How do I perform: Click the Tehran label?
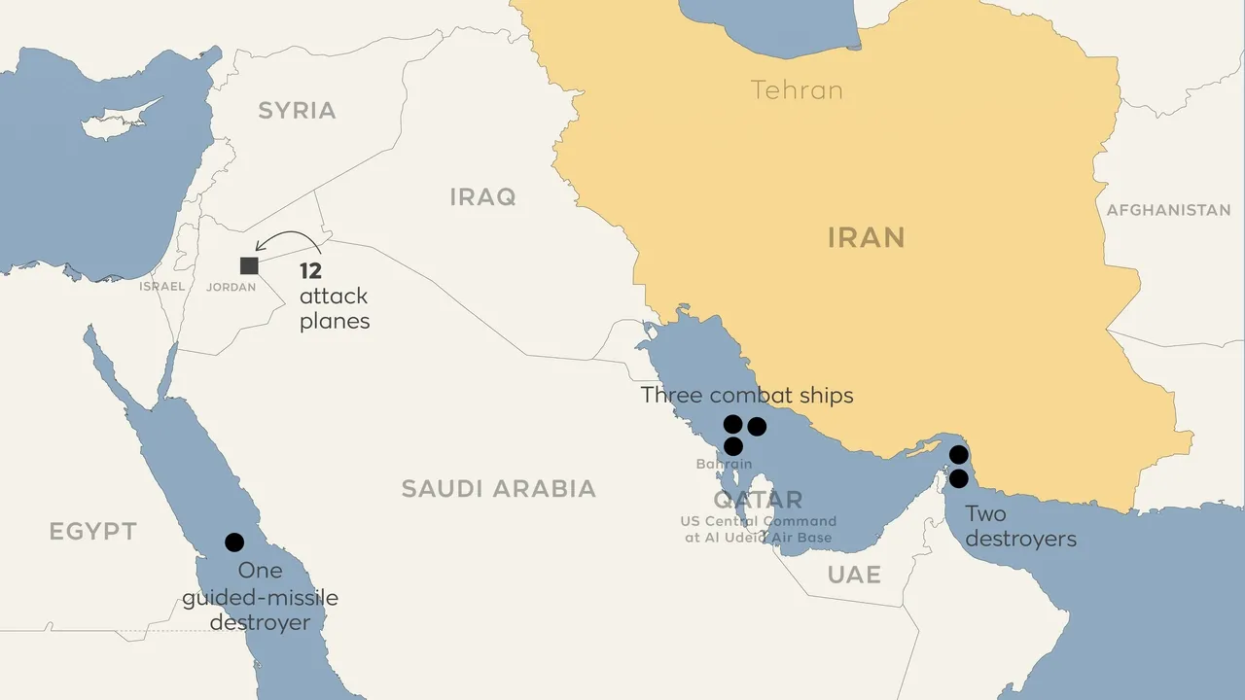(797, 90)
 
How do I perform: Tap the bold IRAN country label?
(866, 237)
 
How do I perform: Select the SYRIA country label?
(297, 111)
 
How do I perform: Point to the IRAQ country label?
(482, 197)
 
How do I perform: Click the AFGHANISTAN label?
(1168, 210)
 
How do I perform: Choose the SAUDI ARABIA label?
(498, 488)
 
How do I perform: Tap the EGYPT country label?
(92, 532)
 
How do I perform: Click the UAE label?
(854, 575)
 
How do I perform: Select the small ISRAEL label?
(161, 287)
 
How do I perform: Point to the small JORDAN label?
(231, 288)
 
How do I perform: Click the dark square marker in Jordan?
(249, 265)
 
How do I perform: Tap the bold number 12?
(310, 271)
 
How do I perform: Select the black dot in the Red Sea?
(234, 542)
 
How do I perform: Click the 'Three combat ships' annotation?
(747, 396)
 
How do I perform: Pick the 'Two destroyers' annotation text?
(1020, 526)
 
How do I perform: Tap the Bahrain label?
(724, 465)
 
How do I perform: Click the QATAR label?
(758, 501)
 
